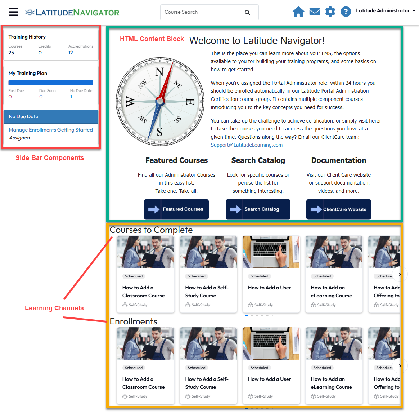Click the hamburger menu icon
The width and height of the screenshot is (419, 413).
[13, 12]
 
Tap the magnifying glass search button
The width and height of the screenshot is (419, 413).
[247, 12]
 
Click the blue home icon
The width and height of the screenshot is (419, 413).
[298, 12]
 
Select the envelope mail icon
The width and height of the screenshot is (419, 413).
[315, 12]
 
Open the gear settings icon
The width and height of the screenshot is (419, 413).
[330, 12]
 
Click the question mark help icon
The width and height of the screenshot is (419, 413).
[346, 12]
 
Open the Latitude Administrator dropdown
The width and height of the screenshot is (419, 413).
[385, 11]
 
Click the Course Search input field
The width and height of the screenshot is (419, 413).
[199, 12]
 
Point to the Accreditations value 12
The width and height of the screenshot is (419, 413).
[71, 53]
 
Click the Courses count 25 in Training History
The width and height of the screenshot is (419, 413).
[11, 53]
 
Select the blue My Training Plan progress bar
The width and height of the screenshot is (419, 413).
[50, 83]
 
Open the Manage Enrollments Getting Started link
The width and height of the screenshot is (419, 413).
[51, 130]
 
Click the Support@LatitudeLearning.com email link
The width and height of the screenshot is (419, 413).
[247, 145]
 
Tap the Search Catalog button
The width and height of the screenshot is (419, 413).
[258, 209]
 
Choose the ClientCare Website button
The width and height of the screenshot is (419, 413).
[339, 209]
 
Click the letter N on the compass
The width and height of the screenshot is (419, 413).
[159, 72]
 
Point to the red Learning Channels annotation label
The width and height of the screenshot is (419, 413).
[54, 308]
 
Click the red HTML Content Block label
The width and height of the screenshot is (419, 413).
[152, 39]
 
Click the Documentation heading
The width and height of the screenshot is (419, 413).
[339, 160]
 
